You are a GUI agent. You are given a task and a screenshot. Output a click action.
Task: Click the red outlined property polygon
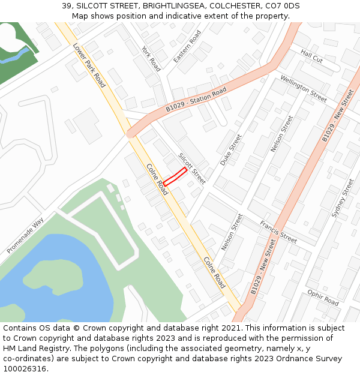point(175,176)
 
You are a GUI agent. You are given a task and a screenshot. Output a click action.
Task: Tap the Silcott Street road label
point(192,168)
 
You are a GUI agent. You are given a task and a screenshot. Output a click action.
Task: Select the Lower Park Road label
point(89,65)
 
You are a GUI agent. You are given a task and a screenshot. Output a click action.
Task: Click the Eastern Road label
point(187,47)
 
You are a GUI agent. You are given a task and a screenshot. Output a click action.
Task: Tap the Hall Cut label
point(311,57)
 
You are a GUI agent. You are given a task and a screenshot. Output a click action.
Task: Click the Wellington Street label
point(304,89)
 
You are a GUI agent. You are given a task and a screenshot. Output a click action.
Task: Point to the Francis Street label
point(278,232)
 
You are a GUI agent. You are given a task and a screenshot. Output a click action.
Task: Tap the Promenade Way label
point(26,235)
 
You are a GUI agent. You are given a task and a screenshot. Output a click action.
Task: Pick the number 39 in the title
point(66,6)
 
